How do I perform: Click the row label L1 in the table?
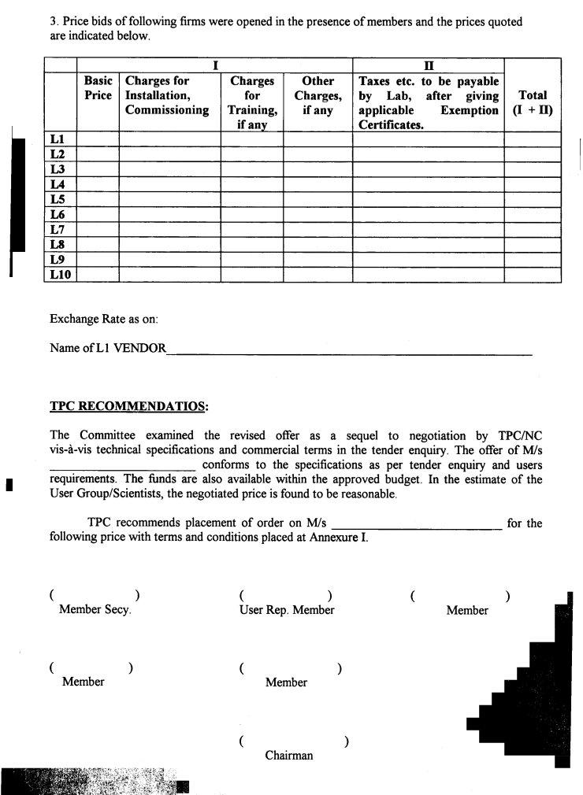(57, 139)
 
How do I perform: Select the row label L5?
(57, 199)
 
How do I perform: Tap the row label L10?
(60, 274)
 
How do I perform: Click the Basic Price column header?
(98, 88)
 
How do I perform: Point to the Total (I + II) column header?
(532, 103)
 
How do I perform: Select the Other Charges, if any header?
(317, 95)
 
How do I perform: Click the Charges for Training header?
(252, 102)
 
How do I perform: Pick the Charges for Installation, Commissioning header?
(168, 95)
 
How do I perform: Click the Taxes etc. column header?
(428, 102)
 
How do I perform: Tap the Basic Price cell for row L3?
(98, 169)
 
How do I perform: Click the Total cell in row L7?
(532, 229)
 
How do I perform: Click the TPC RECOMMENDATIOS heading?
(129, 407)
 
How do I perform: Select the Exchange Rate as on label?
(104, 319)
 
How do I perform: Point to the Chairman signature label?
(288, 756)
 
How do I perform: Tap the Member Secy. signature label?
(95, 610)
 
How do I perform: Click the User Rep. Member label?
(287, 610)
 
